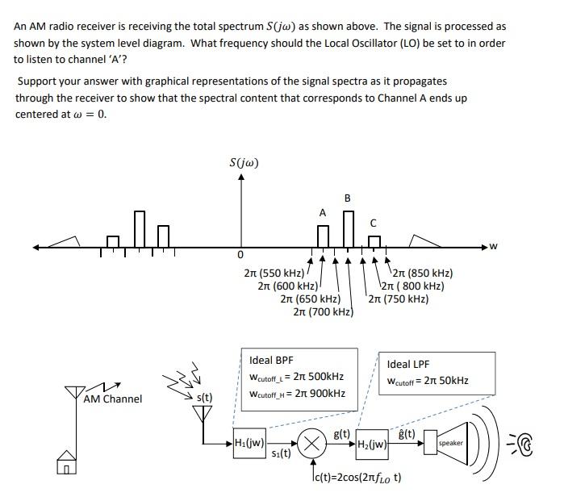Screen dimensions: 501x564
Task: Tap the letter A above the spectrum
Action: pos(323,213)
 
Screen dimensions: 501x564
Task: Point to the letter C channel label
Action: pos(373,222)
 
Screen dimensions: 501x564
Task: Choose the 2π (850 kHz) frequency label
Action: pos(427,273)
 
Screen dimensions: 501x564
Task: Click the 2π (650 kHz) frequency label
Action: pos(310,299)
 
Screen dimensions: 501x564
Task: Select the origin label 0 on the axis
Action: pos(240,255)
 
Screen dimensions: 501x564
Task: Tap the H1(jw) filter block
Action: pos(250,442)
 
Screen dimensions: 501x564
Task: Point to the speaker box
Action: pos(450,444)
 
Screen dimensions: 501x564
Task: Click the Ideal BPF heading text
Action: pos(272,360)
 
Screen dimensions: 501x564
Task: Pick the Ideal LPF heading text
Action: pos(409,364)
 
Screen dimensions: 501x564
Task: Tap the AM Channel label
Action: pos(113,399)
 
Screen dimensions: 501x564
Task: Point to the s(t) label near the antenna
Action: pos(205,397)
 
